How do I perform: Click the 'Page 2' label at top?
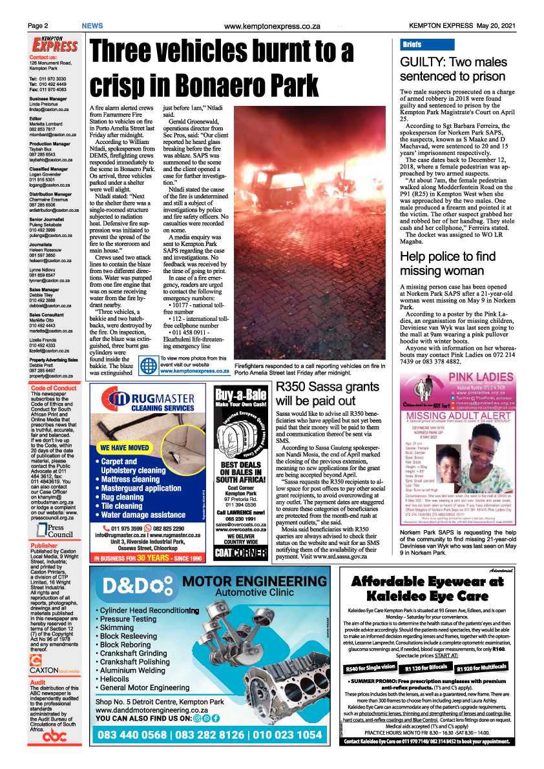coord(37,26)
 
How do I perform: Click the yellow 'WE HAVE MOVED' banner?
coord(125,447)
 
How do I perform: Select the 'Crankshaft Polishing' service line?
coord(135,662)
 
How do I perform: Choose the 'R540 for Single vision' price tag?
coord(370,667)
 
